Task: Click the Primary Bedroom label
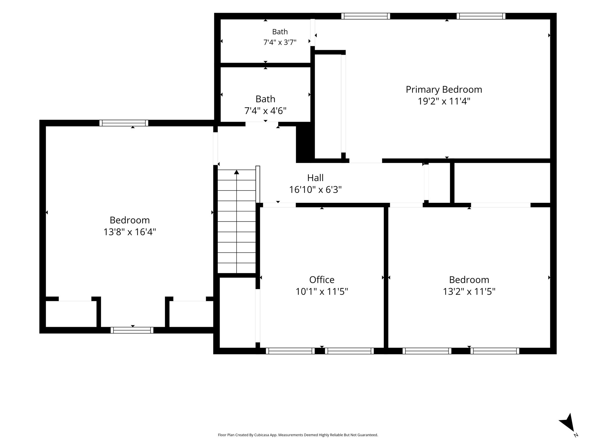[444, 90]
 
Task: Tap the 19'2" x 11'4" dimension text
[444, 101]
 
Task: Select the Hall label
[315, 178]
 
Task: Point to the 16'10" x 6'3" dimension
[315, 190]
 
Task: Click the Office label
[322, 280]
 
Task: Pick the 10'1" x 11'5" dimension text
[322, 291]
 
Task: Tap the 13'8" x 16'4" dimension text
[130, 232]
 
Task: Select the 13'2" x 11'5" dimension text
[469, 291]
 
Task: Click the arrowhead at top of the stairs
[237, 172]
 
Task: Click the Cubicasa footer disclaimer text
[298, 435]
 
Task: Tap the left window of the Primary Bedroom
[366, 16]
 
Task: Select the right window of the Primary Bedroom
[481, 16]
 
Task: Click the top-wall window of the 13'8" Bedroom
[124, 123]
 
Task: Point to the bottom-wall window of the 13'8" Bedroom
[132, 330]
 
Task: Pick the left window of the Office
[290, 351]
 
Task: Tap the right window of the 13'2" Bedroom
[495, 351]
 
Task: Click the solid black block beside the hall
[305, 143]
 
